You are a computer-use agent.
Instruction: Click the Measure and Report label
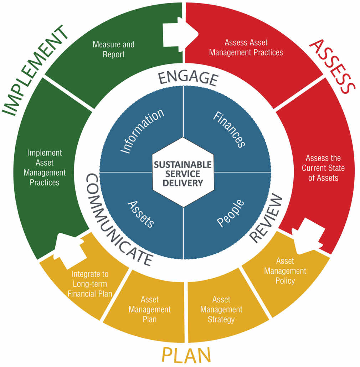(113, 50)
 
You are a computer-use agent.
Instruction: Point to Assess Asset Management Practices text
(246, 47)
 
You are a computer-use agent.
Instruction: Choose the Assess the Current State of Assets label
(323, 167)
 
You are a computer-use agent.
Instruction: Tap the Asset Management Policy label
(285, 271)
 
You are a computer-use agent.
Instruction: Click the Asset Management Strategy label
(221, 309)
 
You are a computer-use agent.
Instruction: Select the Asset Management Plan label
(150, 309)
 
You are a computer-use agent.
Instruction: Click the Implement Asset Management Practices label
(45, 167)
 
